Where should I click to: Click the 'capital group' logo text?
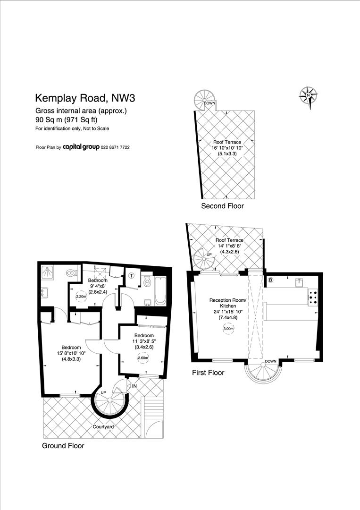click(x=81, y=147)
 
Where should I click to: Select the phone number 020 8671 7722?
click(x=115, y=147)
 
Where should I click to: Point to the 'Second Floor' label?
click(x=222, y=206)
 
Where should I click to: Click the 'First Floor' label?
click(x=208, y=373)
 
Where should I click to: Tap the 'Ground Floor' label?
click(x=63, y=445)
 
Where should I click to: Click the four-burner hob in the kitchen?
click(x=313, y=297)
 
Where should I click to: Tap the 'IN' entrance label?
click(x=134, y=386)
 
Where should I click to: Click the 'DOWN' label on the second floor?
click(x=209, y=103)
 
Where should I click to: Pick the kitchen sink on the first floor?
click(x=299, y=282)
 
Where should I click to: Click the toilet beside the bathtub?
click(x=146, y=282)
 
